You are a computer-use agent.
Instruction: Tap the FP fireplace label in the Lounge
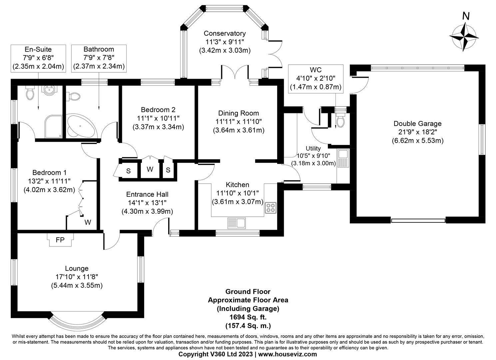(60, 240)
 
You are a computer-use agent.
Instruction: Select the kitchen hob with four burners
(270, 208)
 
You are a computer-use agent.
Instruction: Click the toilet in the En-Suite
(30, 93)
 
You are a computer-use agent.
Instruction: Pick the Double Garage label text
(417, 124)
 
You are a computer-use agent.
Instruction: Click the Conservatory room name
(225, 33)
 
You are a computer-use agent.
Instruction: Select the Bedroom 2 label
(158, 110)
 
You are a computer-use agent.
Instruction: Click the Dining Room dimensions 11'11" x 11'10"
(239, 122)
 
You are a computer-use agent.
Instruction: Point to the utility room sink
(343, 158)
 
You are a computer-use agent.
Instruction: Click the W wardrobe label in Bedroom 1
(88, 222)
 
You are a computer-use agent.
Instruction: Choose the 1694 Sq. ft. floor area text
(248, 317)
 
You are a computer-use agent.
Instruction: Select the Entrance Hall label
(147, 194)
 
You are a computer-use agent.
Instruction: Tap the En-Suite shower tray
(53, 127)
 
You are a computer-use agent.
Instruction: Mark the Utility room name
(313, 148)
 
